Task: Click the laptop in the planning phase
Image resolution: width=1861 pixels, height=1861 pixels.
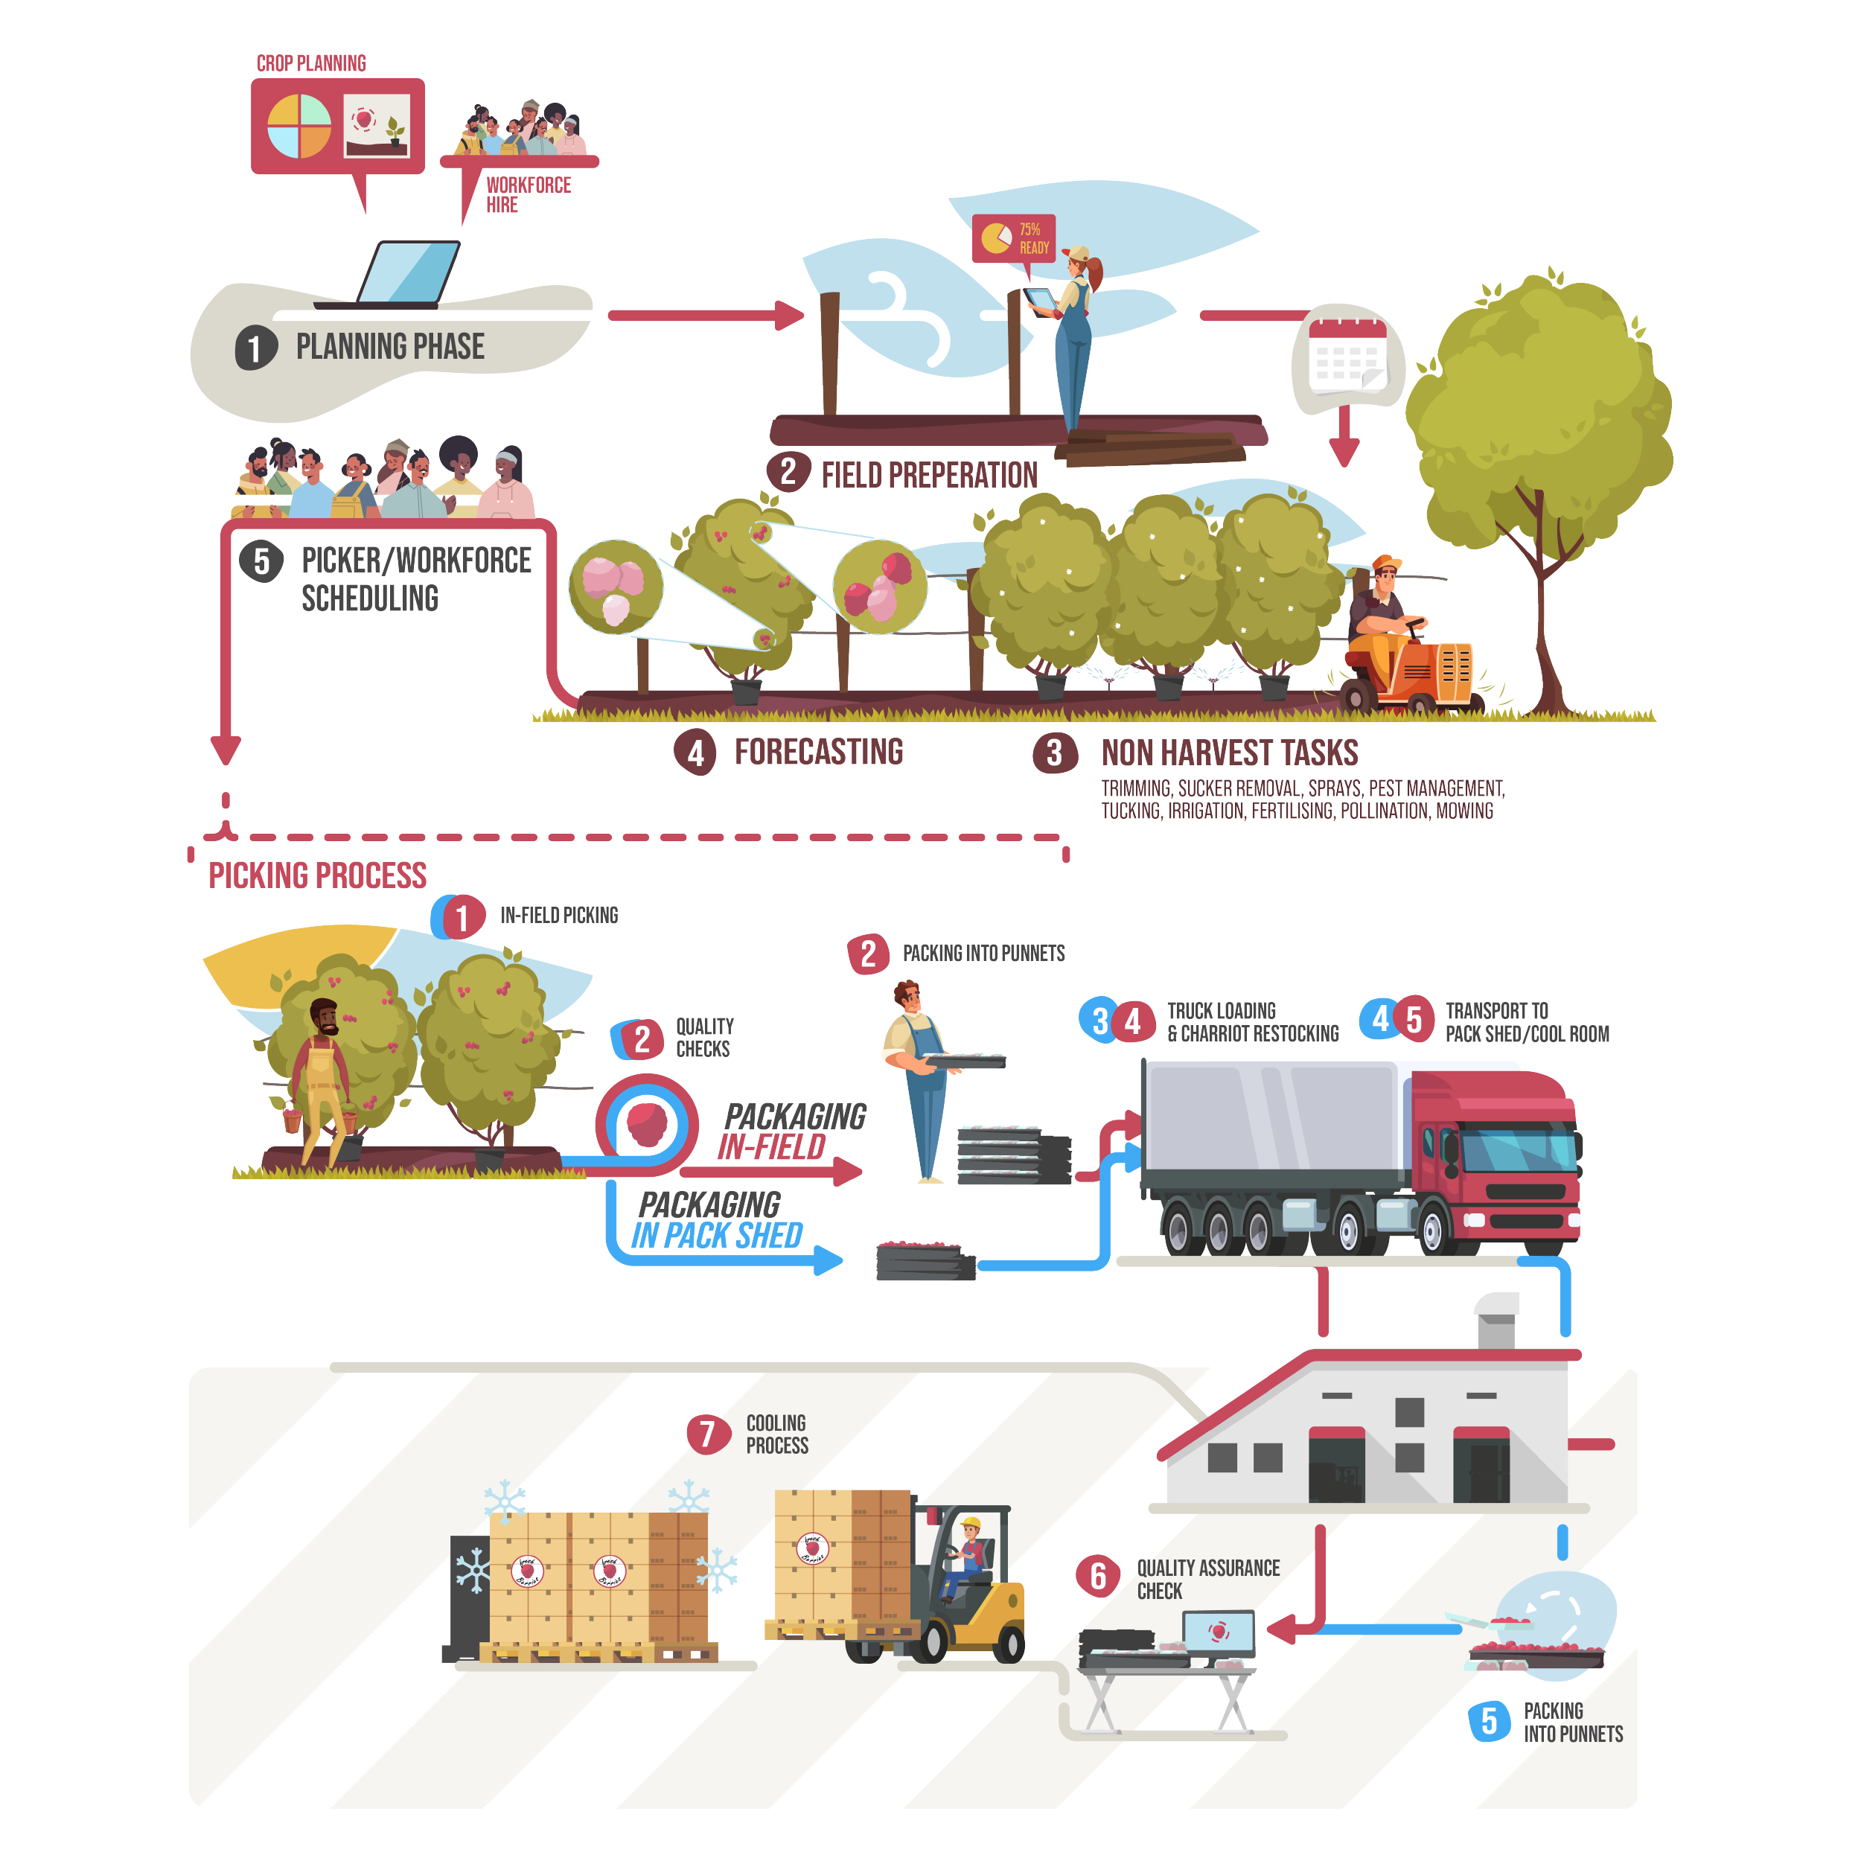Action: pyautogui.click(x=390, y=275)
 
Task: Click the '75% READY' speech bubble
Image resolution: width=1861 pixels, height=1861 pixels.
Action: pyautogui.click(x=1013, y=239)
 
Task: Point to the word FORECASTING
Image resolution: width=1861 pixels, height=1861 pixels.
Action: pyautogui.click(x=819, y=751)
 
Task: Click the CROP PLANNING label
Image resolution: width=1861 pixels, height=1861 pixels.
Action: pyautogui.click(x=311, y=63)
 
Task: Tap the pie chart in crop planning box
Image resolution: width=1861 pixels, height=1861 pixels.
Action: pyautogui.click(x=299, y=127)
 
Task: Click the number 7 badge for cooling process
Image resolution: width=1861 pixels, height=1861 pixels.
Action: pyautogui.click(x=708, y=1433)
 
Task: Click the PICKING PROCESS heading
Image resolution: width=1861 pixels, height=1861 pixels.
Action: pyautogui.click(x=318, y=875)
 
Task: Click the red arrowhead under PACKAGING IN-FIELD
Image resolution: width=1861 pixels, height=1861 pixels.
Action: pyautogui.click(x=848, y=1171)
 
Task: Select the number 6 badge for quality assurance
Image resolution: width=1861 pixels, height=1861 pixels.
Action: pyautogui.click(x=1098, y=1576)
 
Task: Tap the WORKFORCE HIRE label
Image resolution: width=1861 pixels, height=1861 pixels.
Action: pyautogui.click(x=529, y=194)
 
